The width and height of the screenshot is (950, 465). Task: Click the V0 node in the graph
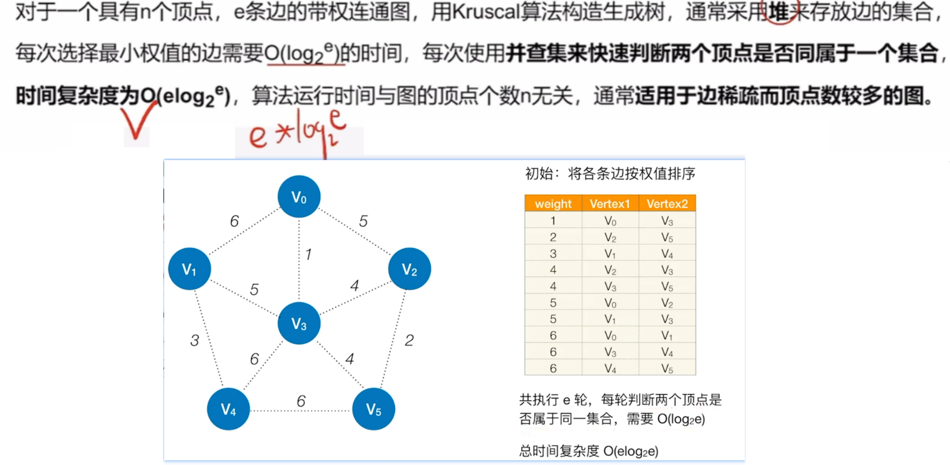tap(299, 197)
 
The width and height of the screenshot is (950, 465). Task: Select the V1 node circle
tap(190, 269)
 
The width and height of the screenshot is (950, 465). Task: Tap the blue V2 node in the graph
tap(410, 269)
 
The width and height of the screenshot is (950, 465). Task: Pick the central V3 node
tap(299, 323)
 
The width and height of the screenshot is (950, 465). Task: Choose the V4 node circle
tap(229, 409)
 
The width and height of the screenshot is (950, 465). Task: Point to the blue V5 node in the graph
tap(374, 409)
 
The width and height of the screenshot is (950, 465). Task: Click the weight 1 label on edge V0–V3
tap(308, 254)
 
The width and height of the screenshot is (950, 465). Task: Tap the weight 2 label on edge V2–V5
tap(409, 340)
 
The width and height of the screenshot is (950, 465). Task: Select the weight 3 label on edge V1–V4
tap(195, 340)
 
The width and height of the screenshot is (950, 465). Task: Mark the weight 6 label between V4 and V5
tap(301, 401)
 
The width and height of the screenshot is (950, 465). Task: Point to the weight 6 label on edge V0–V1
tap(235, 221)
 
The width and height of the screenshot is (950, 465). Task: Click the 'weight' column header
tap(553, 204)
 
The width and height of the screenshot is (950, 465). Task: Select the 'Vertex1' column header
tap(610, 204)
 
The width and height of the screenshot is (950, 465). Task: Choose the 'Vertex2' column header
tap(667, 204)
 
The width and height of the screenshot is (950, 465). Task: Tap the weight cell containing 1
tap(553, 221)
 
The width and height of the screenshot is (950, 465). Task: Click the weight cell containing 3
tap(553, 253)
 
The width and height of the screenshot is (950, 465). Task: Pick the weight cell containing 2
tap(553, 237)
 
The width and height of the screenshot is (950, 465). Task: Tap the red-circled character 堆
tap(779, 11)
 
